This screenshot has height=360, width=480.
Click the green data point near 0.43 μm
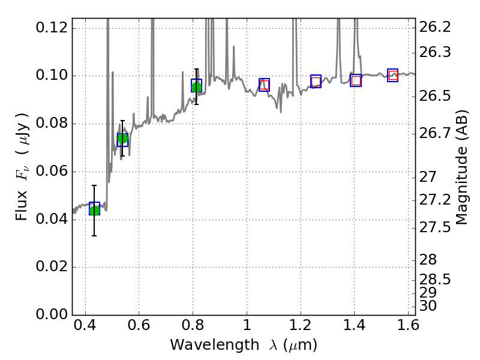pos(94,209)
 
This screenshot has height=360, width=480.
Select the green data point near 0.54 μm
pos(123,139)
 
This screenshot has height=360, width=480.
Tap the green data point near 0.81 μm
pos(196,87)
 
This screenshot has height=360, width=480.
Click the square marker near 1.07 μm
pos(265,85)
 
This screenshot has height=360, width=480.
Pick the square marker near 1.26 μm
pos(316,82)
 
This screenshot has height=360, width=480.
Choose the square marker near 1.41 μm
pos(356,80)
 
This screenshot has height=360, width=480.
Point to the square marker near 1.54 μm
pos(393,75)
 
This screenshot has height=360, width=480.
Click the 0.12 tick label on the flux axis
pos(52,28)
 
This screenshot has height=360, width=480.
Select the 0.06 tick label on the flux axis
pos(52,172)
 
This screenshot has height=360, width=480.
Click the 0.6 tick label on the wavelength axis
pos(139,328)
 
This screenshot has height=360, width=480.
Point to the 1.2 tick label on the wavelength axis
pos(300,328)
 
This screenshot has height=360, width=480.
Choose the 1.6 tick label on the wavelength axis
pos(407,328)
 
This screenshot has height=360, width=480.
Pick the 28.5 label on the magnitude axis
pos(435,280)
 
